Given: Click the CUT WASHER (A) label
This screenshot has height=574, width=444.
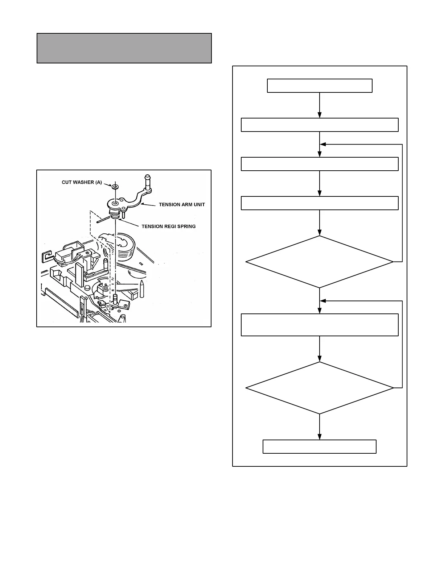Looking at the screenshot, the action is point(82,182).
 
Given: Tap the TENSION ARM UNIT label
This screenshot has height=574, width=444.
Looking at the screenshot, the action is point(182,205).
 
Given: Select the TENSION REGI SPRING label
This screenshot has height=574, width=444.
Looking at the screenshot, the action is point(168,226).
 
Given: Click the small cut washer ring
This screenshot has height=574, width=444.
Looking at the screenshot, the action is point(115,187).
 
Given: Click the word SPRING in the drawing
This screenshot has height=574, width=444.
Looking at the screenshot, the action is point(186,226).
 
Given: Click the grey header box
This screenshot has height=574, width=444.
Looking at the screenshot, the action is point(124,48).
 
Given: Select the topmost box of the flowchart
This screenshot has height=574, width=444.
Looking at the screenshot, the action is point(320,86).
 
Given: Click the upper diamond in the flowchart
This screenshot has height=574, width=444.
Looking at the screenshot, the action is point(320,262).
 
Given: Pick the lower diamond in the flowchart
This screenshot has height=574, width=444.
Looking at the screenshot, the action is point(320,388).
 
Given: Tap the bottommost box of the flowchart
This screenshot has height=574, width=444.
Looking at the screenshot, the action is point(319,446).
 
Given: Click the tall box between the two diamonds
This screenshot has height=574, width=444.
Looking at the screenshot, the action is point(320,325).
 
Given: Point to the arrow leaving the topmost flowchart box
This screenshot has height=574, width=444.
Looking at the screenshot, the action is point(320,105).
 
